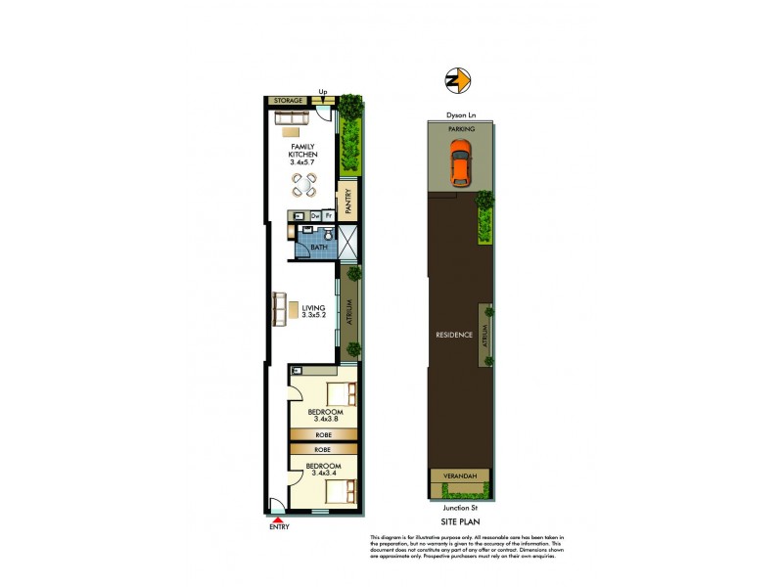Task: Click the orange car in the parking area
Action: coord(460,163)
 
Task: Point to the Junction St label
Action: coord(458,508)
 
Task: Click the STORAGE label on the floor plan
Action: coord(287,100)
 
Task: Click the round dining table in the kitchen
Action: coord(307,183)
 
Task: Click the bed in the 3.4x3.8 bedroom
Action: coord(336,397)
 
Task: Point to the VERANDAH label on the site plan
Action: coord(460,476)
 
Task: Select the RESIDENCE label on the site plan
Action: coord(455,336)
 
